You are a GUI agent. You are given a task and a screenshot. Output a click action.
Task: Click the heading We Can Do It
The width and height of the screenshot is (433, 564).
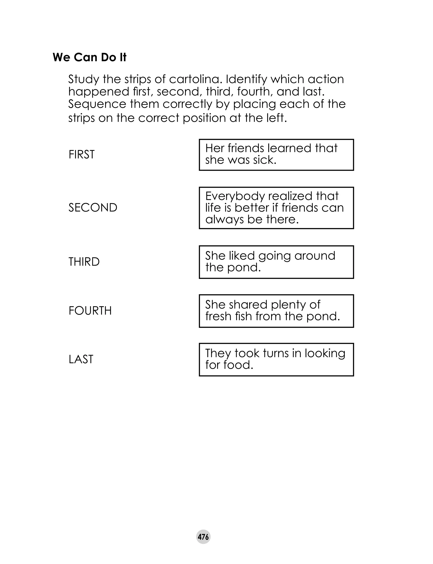point(89,57)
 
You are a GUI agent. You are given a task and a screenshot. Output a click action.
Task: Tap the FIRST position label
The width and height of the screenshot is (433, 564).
point(81,154)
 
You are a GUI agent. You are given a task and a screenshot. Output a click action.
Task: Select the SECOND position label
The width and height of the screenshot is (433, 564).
point(93,208)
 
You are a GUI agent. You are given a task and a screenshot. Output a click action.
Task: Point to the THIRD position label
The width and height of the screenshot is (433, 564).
point(84,262)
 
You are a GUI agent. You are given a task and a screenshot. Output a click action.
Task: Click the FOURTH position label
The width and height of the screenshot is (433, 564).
point(90,311)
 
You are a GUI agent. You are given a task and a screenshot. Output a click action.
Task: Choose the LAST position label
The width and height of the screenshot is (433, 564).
point(81,359)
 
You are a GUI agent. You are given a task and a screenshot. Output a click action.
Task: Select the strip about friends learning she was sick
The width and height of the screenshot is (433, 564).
point(276,155)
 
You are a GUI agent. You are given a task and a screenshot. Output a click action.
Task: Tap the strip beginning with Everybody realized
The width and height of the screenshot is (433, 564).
point(276,208)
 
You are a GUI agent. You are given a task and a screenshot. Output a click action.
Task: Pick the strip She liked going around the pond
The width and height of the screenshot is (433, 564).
point(276,262)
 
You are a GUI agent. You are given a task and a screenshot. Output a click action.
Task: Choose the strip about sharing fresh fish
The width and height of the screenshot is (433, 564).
point(276,311)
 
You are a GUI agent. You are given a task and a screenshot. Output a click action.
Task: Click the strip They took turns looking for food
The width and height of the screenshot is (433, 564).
point(276,359)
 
